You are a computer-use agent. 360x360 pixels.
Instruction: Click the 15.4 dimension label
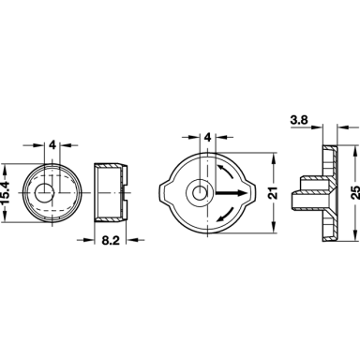point(7,192)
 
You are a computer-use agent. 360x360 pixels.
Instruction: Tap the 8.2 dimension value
point(111,240)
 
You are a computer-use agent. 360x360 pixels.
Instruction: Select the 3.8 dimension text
point(299,120)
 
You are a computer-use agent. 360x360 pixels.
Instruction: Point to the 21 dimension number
point(274,193)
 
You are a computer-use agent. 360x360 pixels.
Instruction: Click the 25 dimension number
point(355,193)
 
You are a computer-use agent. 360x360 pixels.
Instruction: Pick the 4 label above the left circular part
point(52,145)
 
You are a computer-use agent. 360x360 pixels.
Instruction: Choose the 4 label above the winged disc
point(208,137)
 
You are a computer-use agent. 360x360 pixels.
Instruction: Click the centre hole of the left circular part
point(43,192)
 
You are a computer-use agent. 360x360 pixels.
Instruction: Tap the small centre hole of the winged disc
point(197,194)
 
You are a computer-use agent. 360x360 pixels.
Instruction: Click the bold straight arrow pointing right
point(231,193)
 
